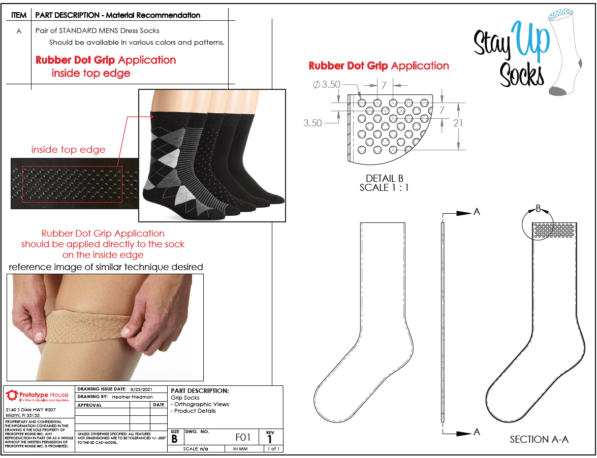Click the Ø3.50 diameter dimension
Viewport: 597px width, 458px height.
[x=327, y=85]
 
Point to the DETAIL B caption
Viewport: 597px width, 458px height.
[x=384, y=178]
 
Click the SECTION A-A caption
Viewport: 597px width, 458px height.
[x=539, y=440]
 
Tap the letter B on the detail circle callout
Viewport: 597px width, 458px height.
[x=538, y=208]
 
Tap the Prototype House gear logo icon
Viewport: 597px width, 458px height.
[x=12, y=395]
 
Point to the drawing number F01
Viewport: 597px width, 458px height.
[x=243, y=437]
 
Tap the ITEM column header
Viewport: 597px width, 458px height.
[x=19, y=15]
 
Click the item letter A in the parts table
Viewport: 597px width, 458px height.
[x=19, y=31]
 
